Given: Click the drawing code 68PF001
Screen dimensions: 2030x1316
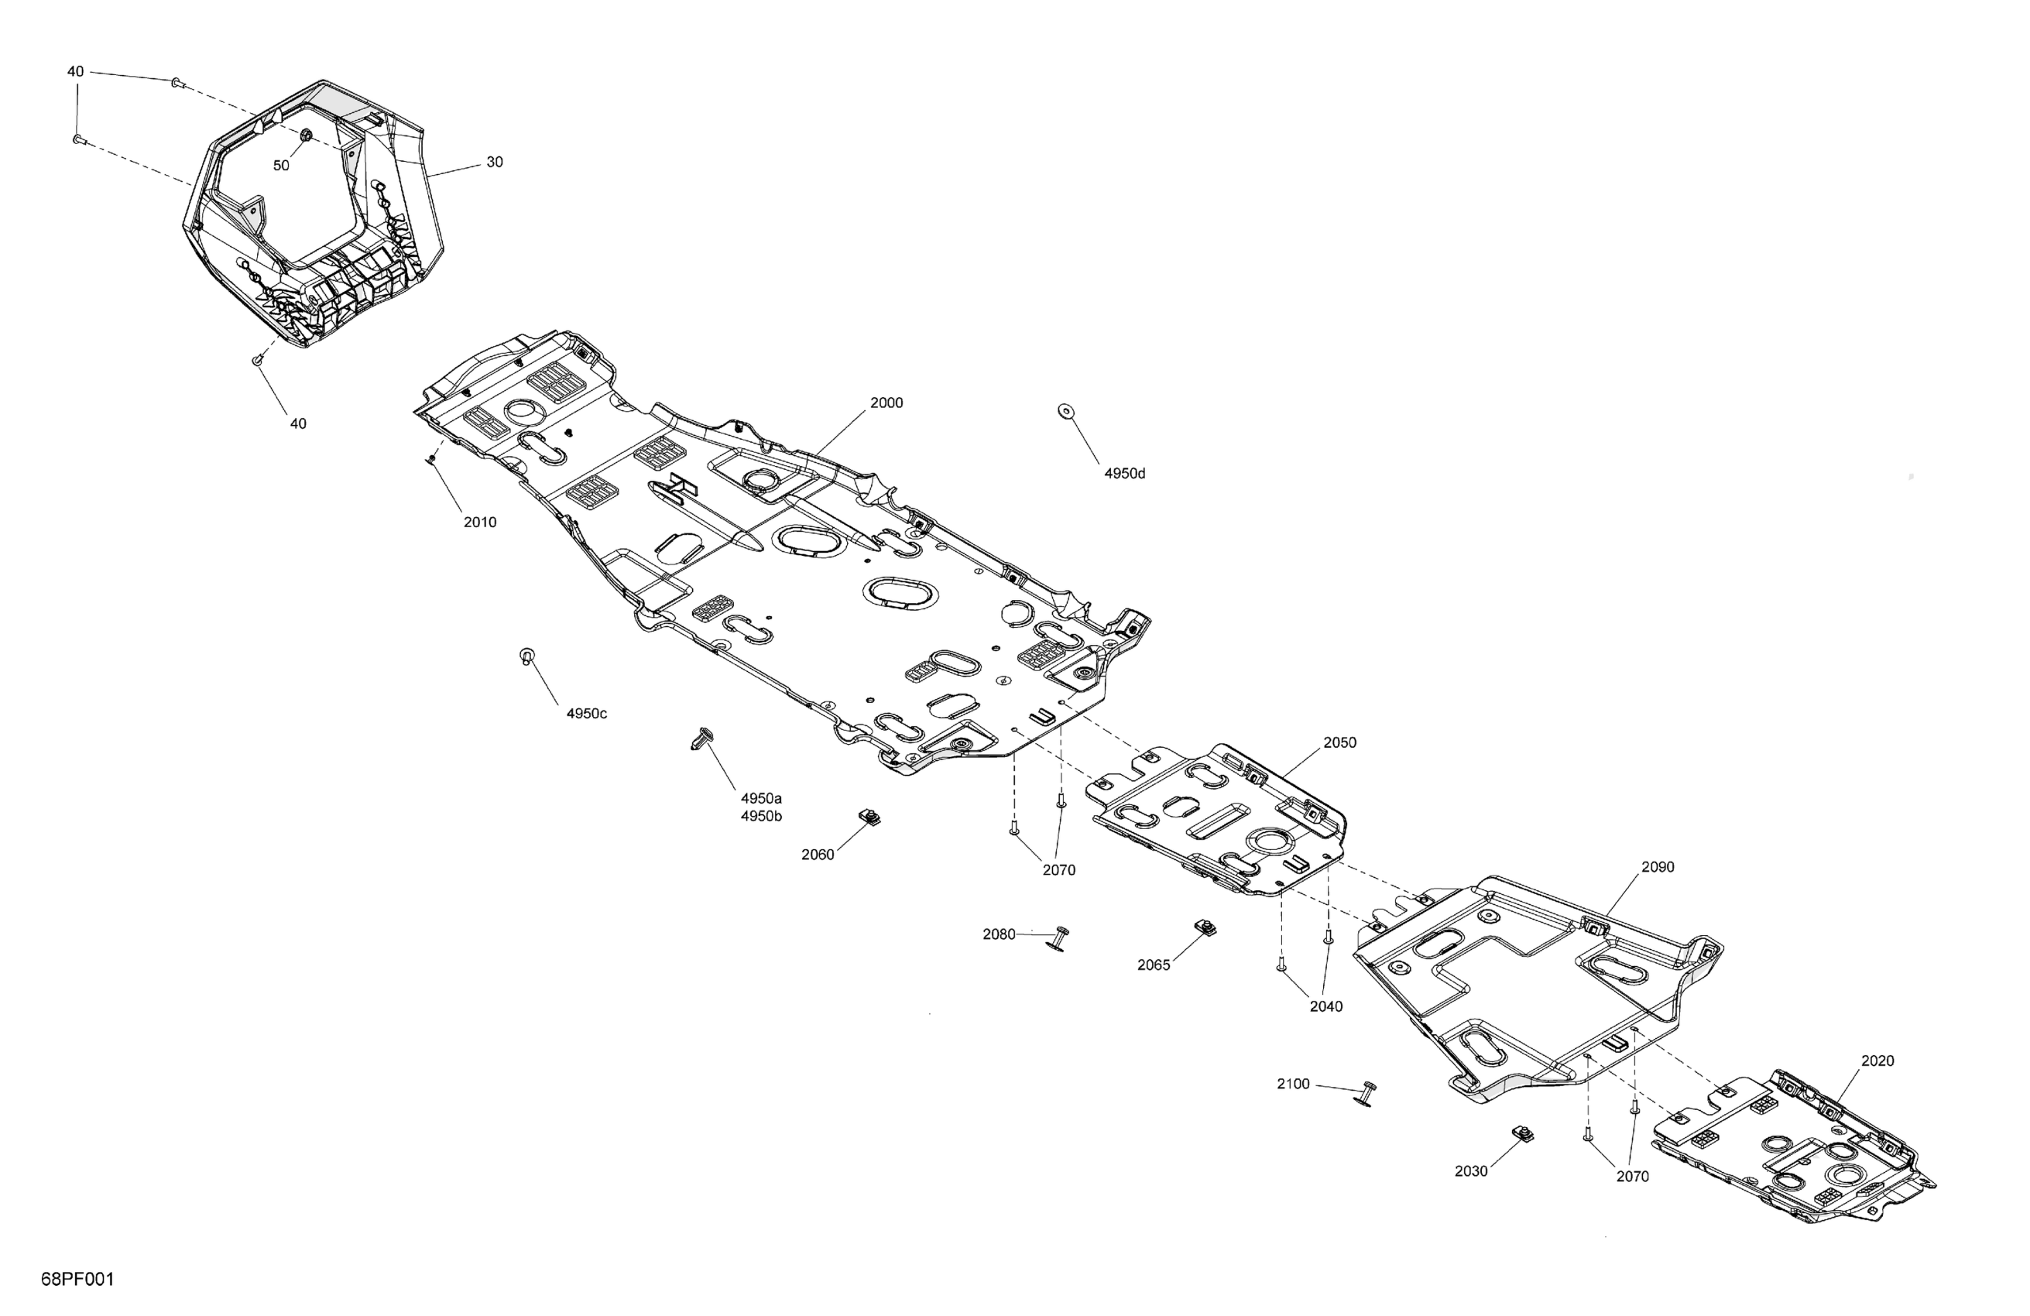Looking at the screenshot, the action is [x=77, y=1279].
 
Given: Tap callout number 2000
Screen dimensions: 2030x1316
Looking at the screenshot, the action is [x=886, y=403].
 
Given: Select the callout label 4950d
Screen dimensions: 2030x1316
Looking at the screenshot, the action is [x=1124, y=473].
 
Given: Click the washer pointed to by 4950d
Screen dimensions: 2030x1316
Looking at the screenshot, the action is [x=1065, y=412].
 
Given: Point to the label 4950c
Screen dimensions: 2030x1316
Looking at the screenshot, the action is [x=587, y=713].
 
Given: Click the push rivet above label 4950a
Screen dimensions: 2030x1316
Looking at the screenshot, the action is [x=703, y=738].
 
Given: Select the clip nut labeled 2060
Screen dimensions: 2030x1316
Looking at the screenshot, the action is [x=869, y=817].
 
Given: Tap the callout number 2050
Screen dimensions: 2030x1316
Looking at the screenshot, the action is [x=1339, y=742].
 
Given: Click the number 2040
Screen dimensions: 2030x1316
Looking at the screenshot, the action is [x=1326, y=1006].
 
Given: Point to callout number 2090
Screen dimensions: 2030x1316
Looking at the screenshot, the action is [x=1658, y=866].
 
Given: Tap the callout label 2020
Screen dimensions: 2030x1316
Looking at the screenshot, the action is [x=1877, y=1060].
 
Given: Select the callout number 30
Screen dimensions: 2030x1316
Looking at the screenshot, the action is [x=495, y=162].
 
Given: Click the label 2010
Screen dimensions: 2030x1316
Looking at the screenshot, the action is [x=480, y=522].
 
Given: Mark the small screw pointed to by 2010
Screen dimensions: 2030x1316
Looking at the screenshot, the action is [x=433, y=459].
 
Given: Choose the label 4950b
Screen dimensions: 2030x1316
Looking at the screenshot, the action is [x=761, y=816].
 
